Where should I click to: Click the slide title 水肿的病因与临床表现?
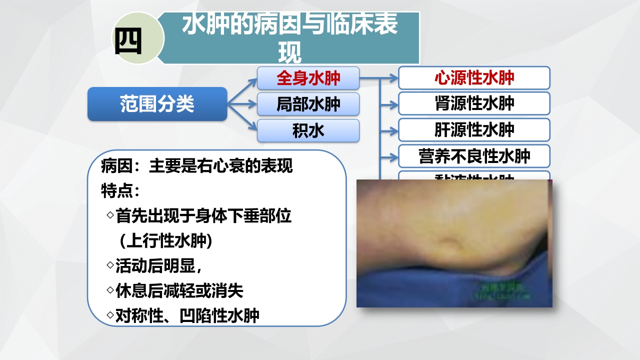point(289,38)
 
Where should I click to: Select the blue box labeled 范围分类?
point(157,104)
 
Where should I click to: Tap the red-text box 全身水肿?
point(308,78)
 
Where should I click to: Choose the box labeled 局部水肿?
point(308,104)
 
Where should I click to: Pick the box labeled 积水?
point(308,130)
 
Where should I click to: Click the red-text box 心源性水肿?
point(474,78)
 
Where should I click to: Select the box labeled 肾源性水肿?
point(474,103)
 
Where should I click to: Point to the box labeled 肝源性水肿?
point(474,130)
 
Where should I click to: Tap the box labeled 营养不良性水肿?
point(474,156)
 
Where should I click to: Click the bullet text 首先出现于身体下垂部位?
point(203,216)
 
